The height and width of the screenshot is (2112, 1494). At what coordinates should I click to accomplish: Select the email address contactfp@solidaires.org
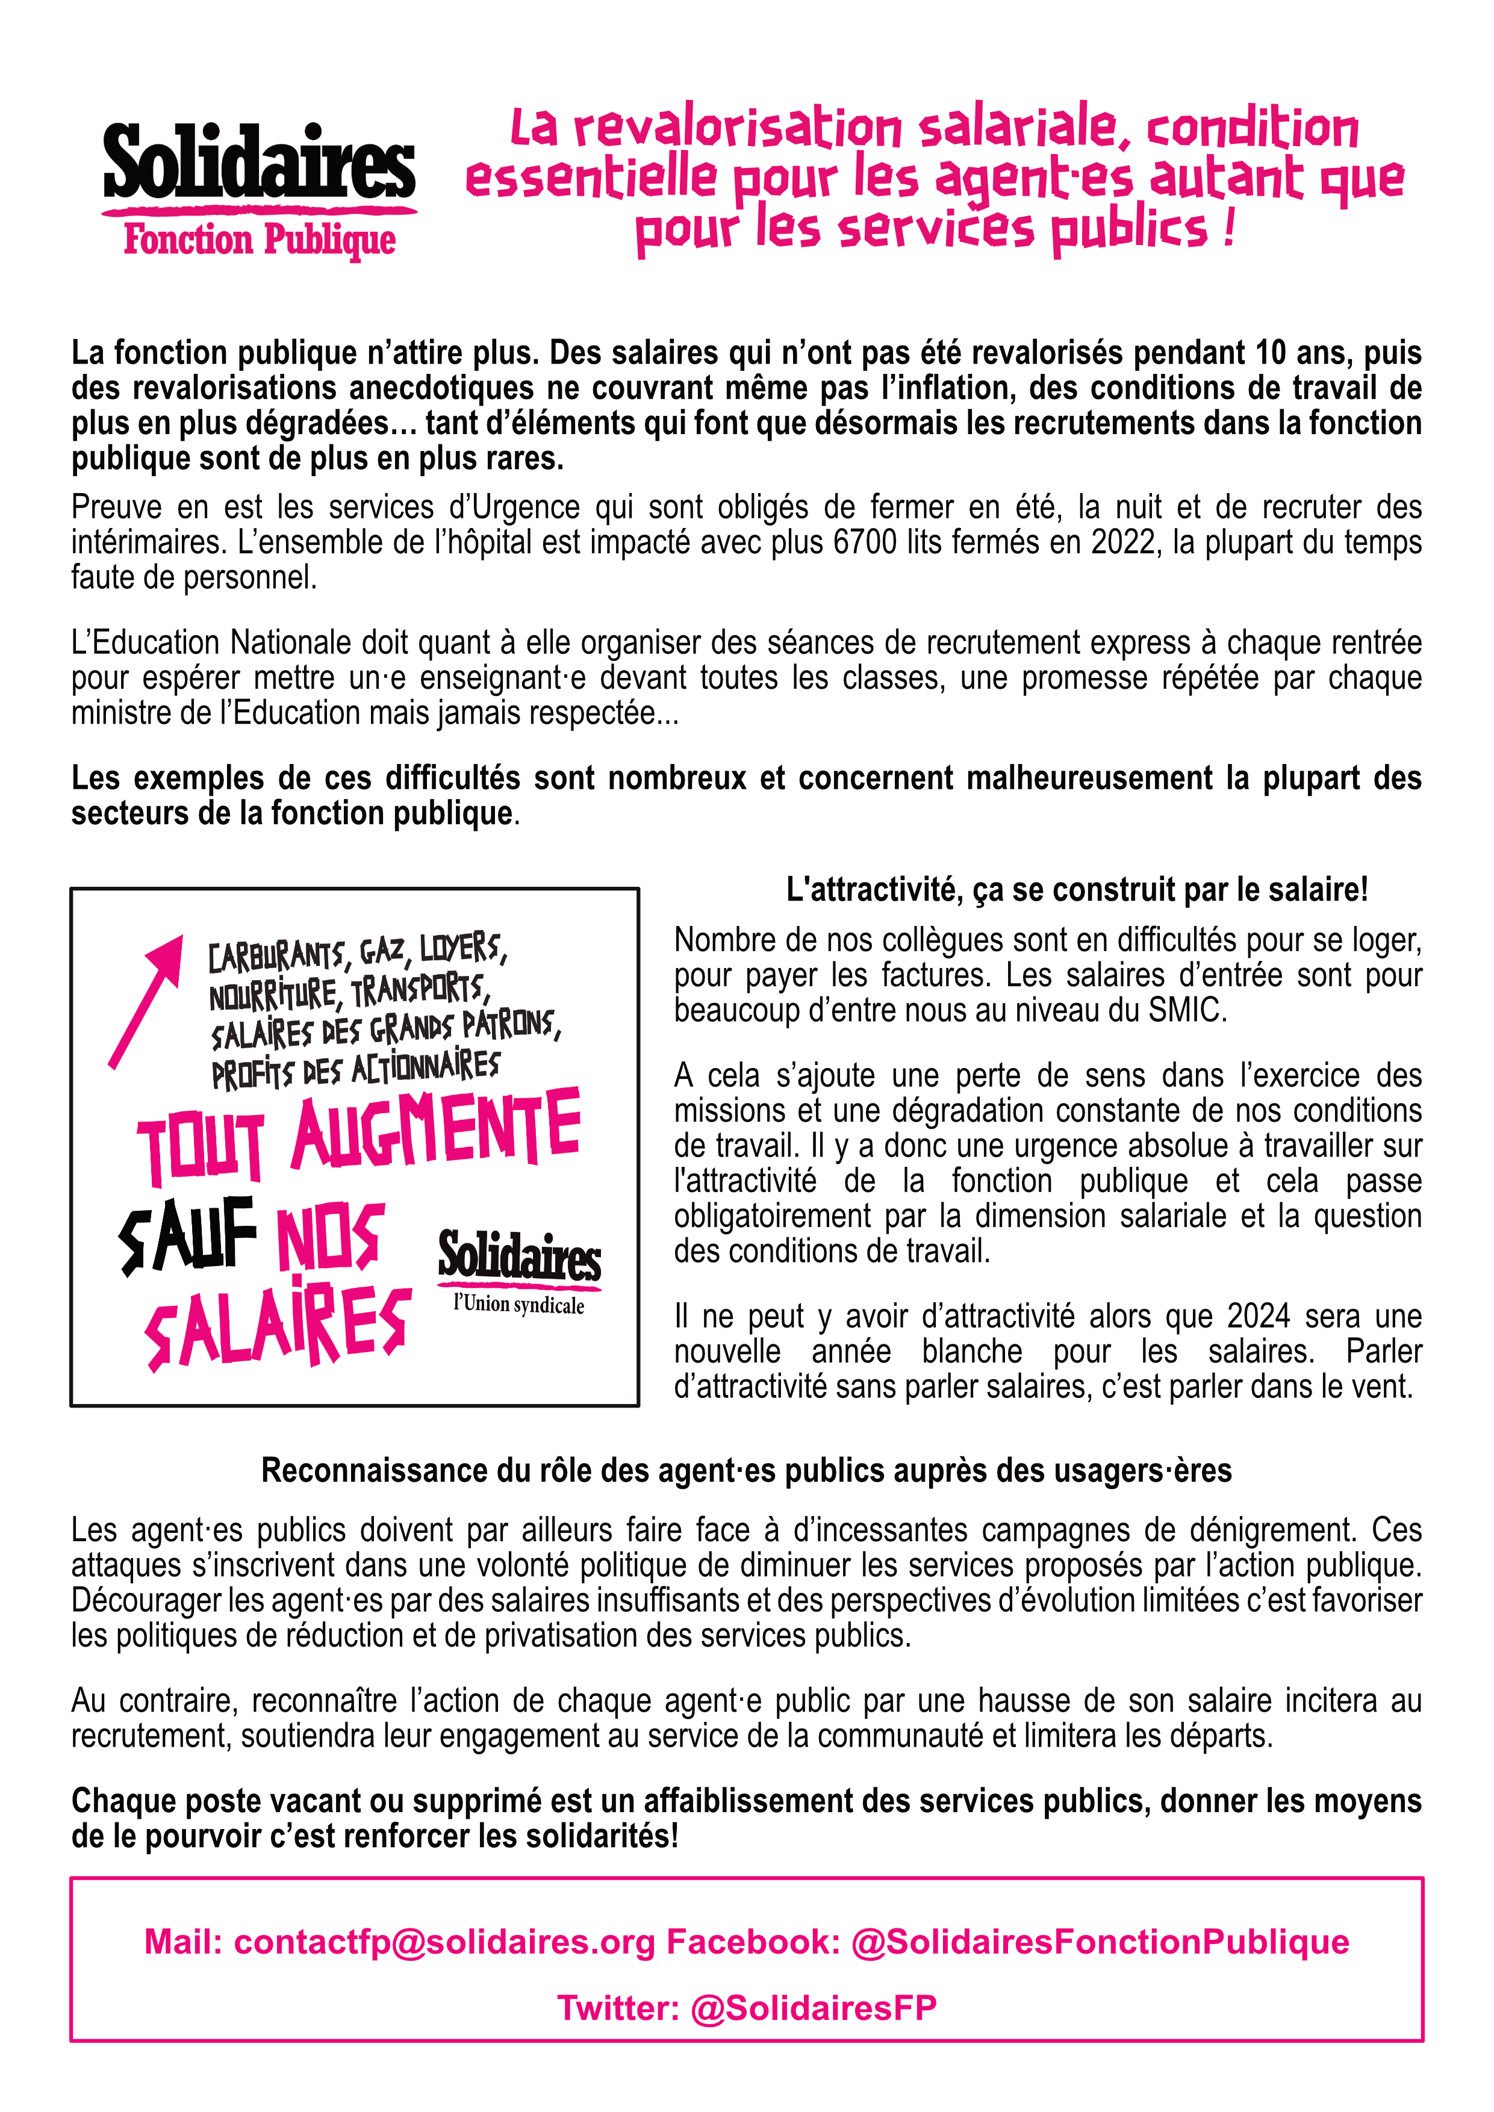coord(445,1942)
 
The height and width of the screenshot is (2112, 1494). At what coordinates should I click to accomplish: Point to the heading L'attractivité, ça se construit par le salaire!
coord(1077,889)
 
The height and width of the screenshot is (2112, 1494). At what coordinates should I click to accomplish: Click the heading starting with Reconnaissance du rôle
coord(746,1471)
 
